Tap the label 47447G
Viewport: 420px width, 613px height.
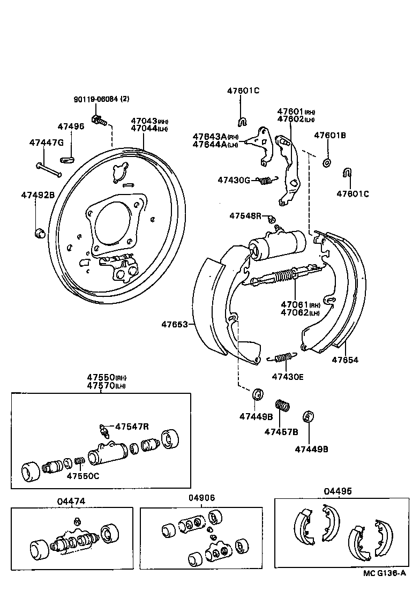click(46, 143)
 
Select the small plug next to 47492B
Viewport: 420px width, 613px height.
click(39, 233)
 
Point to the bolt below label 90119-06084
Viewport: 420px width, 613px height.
click(99, 120)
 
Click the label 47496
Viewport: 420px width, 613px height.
click(71, 126)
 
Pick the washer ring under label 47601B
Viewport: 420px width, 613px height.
click(327, 162)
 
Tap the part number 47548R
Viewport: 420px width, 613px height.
click(245, 215)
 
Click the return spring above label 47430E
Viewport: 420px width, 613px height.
click(280, 357)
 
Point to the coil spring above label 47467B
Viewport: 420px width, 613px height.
click(282, 406)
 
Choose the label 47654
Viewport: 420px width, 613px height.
click(344, 360)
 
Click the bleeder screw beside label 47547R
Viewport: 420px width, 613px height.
click(104, 429)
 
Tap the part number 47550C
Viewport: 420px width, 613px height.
click(82, 475)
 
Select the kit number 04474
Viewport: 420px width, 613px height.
click(71, 501)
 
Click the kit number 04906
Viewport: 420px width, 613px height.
click(201, 497)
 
